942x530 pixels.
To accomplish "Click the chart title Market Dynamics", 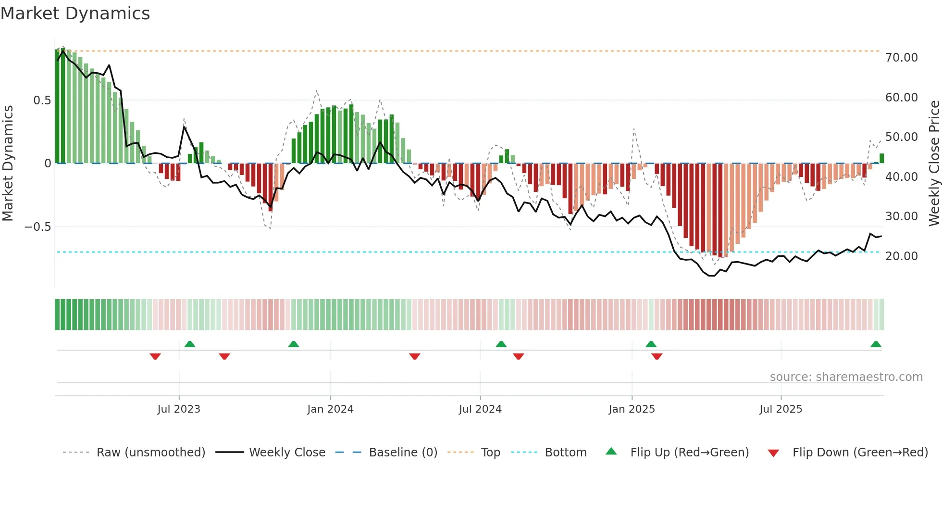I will (75, 13).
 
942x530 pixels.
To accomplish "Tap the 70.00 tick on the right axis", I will (901, 58).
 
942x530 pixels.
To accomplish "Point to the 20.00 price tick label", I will (901, 256).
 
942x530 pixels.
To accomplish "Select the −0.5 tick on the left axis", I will (37, 227).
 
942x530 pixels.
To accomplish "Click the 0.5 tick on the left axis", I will (42, 101).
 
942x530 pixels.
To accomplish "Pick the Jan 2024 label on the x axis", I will (330, 409).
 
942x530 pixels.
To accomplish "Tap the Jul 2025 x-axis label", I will (781, 409).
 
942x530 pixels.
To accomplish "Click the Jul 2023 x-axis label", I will (179, 409).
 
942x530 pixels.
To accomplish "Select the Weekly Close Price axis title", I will (934, 163).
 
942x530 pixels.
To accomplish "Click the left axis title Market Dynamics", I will (8, 163).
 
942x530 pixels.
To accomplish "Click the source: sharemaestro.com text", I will (846, 377).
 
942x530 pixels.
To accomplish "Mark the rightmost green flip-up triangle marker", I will (876, 344).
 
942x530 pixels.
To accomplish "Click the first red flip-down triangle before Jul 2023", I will (155, 356).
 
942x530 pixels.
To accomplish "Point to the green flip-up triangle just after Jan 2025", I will (651, 344).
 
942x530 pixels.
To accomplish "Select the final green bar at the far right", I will (881, 158).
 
